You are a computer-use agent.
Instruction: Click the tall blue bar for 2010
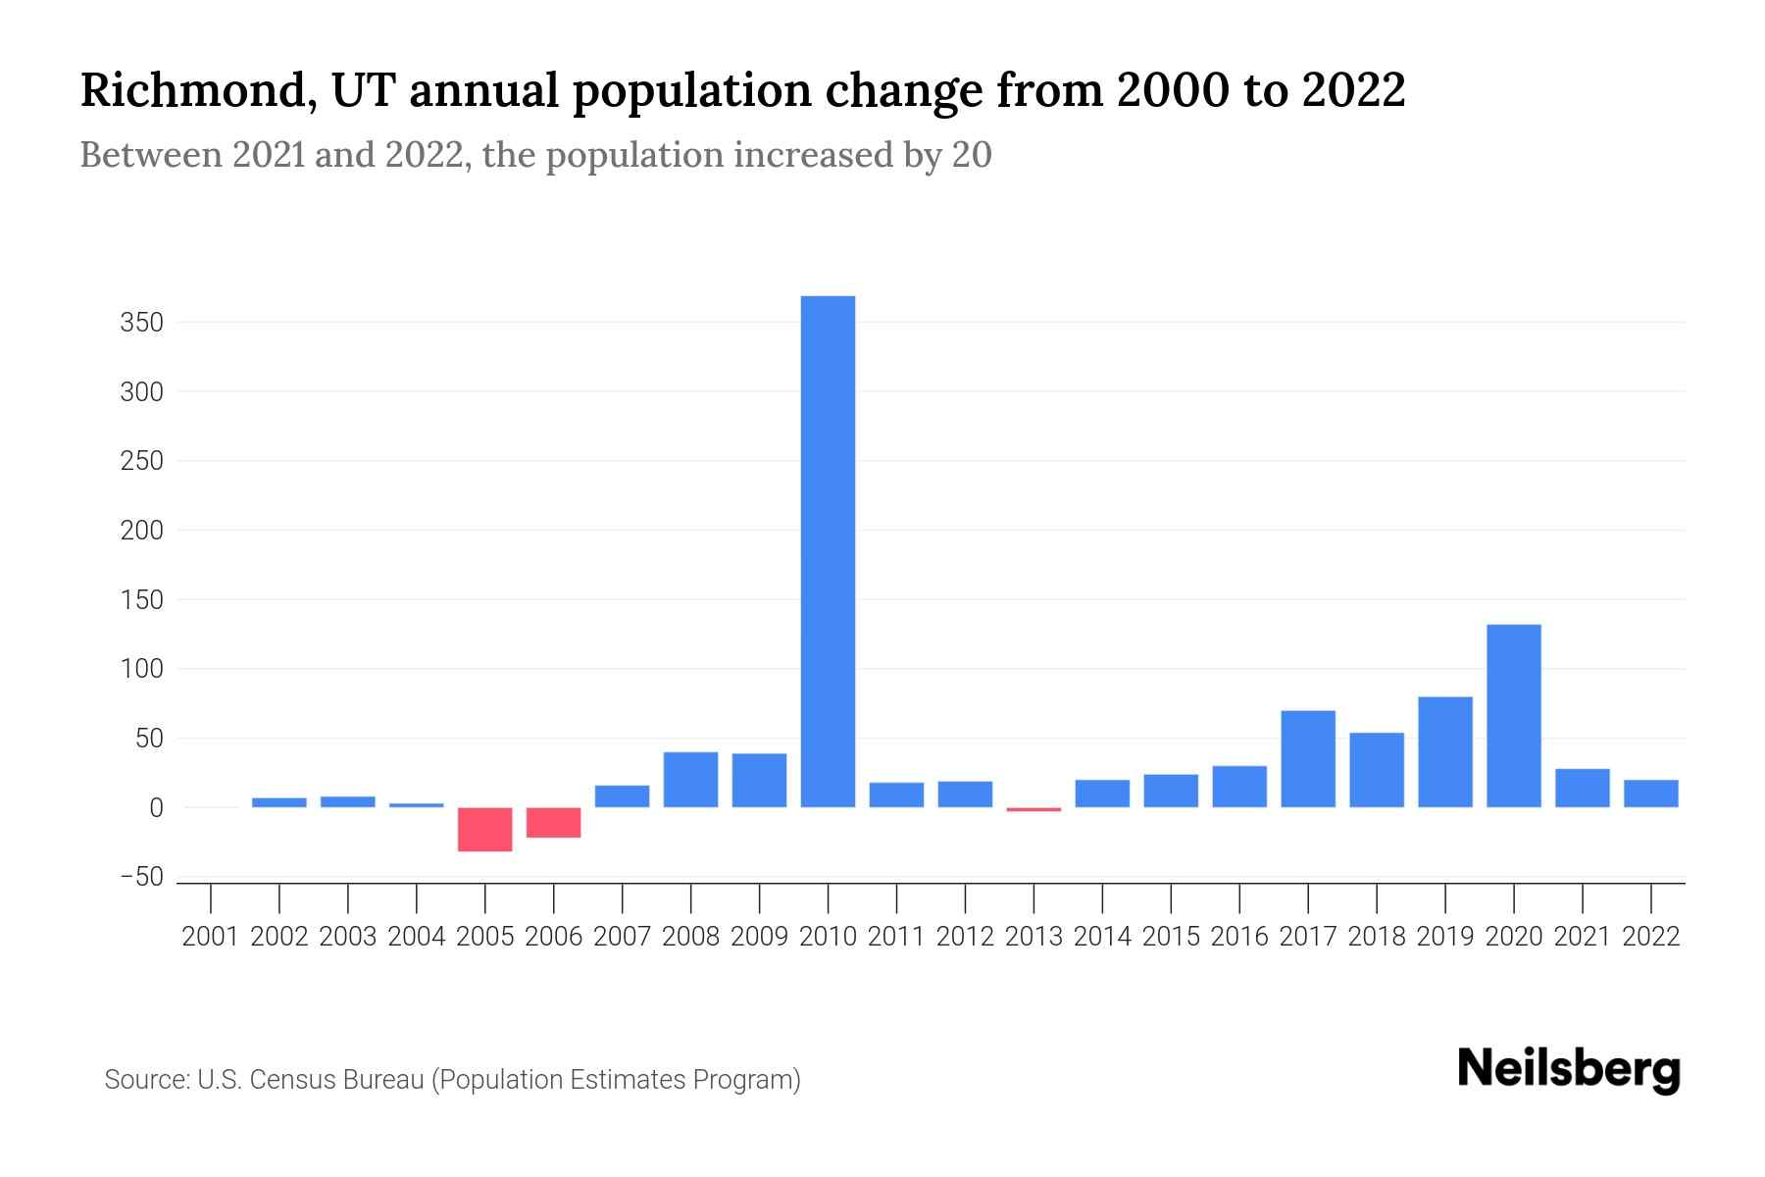(828, 551)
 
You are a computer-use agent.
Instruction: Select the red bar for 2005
(484, 829)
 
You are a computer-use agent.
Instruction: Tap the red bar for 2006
(553, 822)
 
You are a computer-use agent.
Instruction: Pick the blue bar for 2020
(1513, 716)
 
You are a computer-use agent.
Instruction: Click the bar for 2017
(1307, 759)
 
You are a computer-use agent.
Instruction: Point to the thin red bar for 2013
(1034, 809)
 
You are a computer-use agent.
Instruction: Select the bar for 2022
(1650, 793)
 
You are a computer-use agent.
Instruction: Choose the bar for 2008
(690, 780)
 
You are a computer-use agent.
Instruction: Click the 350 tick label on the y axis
(141, 323)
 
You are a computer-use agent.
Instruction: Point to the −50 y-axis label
(141, 877)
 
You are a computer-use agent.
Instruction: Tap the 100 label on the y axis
(141, 669)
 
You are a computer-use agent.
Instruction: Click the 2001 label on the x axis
(211, 937)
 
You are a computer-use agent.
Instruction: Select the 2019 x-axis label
(1444, 937)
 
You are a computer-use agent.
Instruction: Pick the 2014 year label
(1102, 937)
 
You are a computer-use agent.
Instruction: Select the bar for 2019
(1444, 752)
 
